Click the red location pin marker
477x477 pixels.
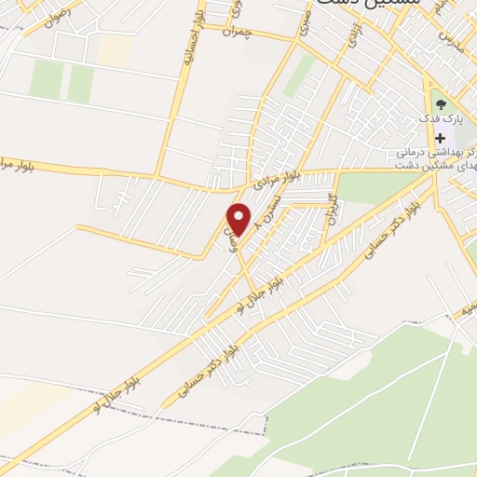(x=239, y=220)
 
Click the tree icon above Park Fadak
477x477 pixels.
(x=440, y=104)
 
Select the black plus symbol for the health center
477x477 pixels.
(x=440, y=138)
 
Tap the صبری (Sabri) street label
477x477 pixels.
(x=305, y=29)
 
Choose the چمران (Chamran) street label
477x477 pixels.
(x=238, y=33)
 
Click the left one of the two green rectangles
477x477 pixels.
(x=46, y=80)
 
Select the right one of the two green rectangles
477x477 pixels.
(x=80, y=83)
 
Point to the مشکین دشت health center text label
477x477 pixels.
(x=437, y=157)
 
